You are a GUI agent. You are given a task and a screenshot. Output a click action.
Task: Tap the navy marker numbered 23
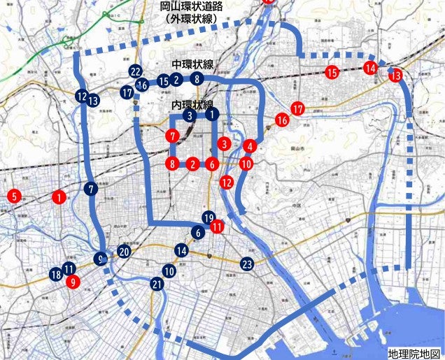click(247, 264)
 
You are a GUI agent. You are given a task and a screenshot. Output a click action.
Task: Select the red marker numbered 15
click(332, 72)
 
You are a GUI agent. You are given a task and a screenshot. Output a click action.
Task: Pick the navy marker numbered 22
click(136, 71)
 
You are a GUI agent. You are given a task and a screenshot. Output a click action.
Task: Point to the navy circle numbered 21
click(157, 284)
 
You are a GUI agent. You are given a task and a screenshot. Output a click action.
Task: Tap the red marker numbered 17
click(298, 109)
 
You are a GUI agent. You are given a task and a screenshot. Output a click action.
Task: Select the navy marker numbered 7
click(92, 188)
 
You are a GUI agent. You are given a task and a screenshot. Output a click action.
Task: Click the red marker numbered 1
click(59, 197)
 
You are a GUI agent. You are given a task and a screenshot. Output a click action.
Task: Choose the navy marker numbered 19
click(208, 217)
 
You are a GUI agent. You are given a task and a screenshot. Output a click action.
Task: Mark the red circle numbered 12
click(226, 182)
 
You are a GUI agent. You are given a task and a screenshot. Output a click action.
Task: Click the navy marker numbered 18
click(56, 275)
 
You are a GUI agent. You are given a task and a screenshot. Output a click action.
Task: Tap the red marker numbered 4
click(250, 146)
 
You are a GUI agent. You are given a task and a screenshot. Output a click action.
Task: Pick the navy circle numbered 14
click(182, 250)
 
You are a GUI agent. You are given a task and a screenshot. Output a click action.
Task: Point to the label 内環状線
click(192, 103)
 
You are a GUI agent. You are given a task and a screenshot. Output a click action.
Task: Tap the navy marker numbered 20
click(124, 252)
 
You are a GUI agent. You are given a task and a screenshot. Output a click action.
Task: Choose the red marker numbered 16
click(283, 120)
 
